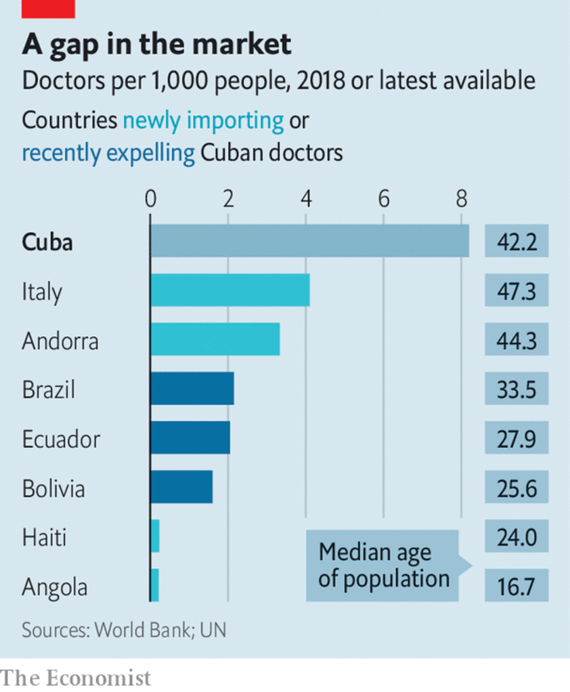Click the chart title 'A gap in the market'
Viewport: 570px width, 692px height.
point(156,44)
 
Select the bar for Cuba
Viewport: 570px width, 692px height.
point(309,241)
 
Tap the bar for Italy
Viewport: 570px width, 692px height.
point(229,290)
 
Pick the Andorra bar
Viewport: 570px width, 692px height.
point(215,340)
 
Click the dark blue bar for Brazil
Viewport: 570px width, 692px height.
point(192,389)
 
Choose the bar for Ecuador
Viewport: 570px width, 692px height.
point(190,438)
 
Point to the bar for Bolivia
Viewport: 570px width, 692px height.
point(181,488)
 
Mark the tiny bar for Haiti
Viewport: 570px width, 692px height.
point(155,537)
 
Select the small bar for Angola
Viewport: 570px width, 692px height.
point(154,586)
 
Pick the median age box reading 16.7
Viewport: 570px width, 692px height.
point(517,586)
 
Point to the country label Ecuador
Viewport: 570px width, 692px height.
point(61,439)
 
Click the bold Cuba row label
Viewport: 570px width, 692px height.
point(47,242)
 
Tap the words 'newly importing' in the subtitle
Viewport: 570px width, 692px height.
point(203,120)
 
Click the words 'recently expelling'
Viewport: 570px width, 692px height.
point(108,153)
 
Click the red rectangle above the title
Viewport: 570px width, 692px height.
point(48,8)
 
